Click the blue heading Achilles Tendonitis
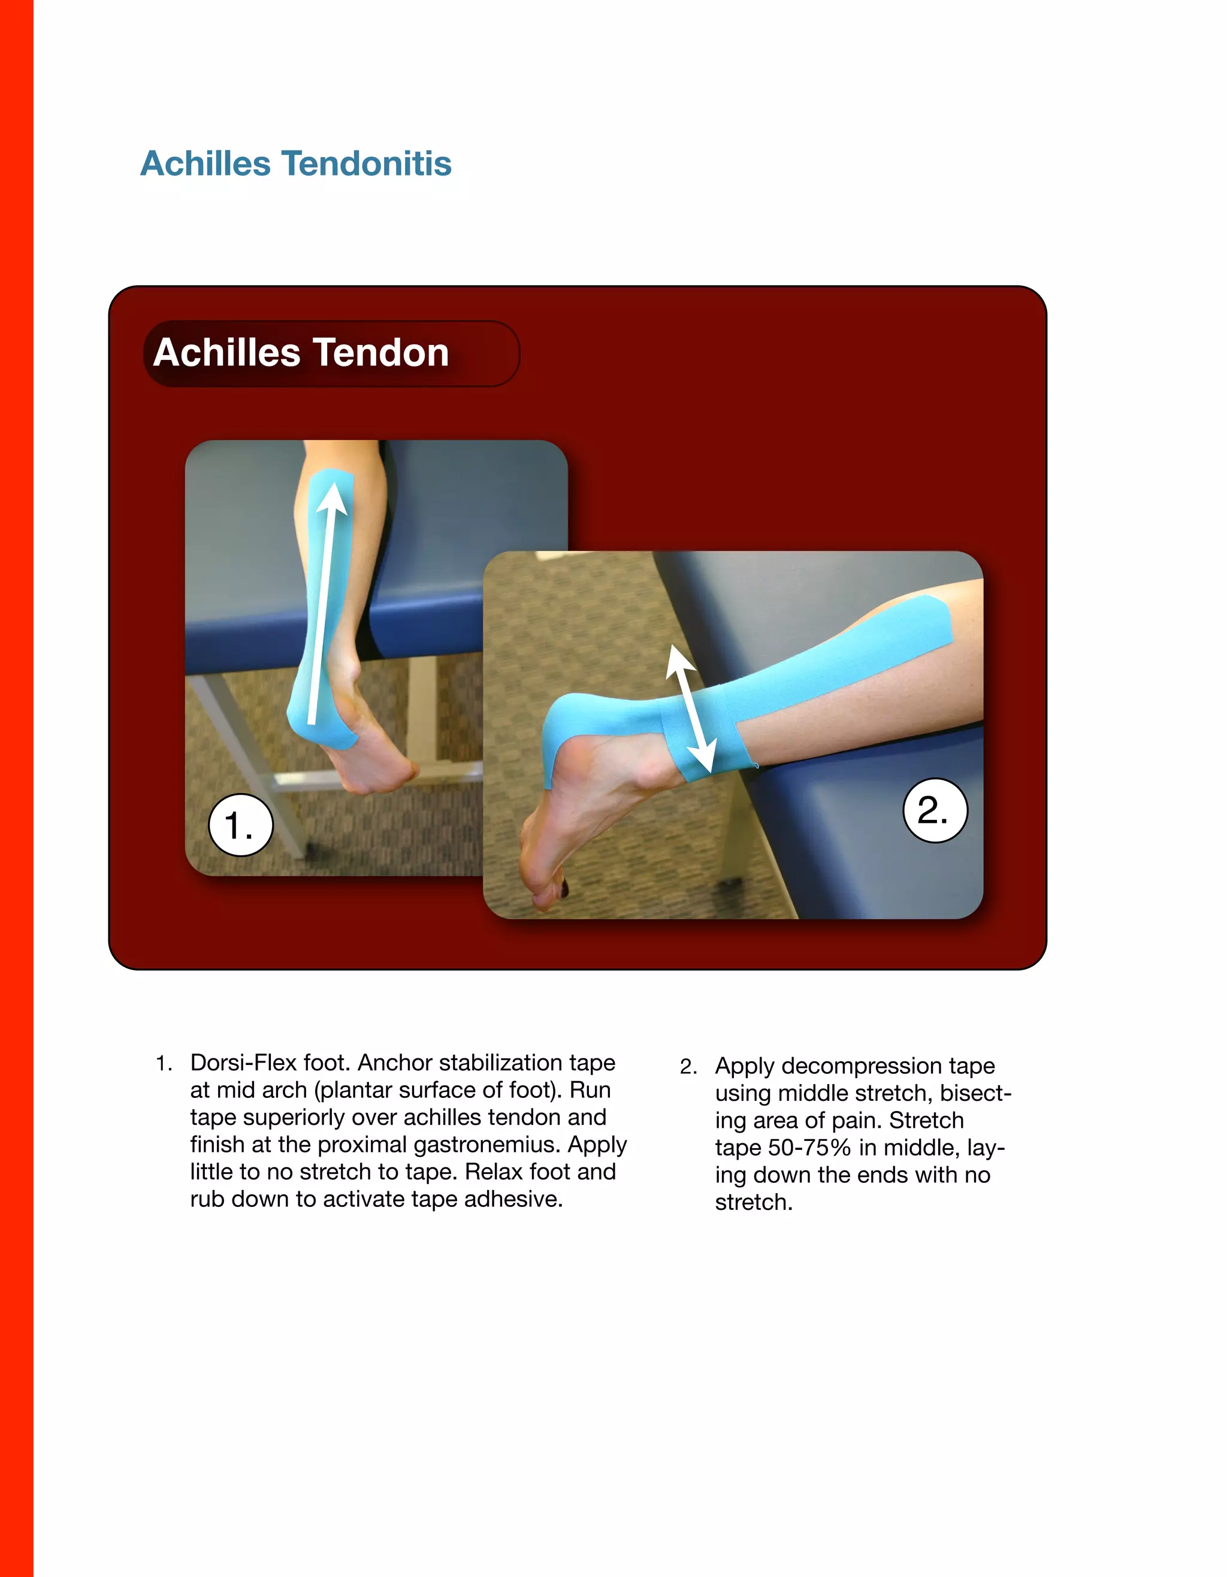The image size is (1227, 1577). pyautogui.click(x=295, y=164)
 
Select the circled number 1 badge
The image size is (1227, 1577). pyautogui.click(x=240, y=825)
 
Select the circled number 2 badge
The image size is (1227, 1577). pyautogui.click(x=935, y=810)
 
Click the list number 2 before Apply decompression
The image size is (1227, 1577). pyautogui.click(x=688, y=1067)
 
